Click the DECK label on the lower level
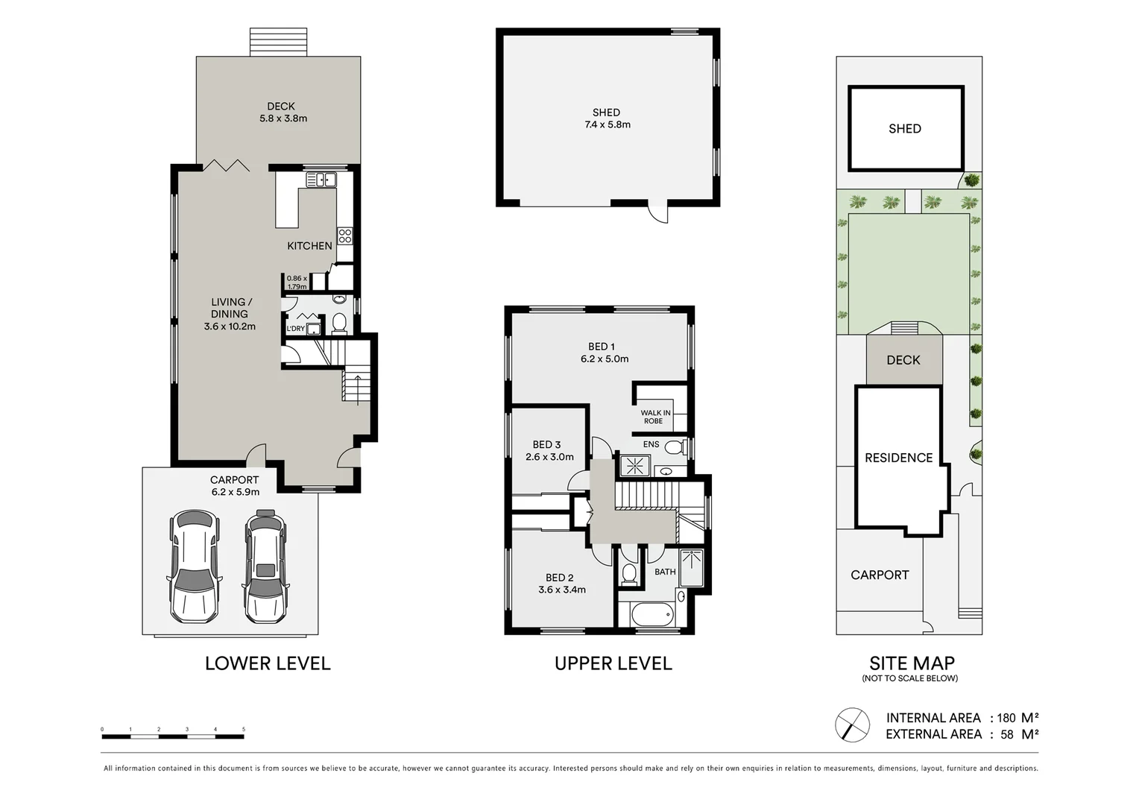[281, 107]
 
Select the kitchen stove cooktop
[344, 236]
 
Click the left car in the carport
[194, 566]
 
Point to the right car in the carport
[265, 566]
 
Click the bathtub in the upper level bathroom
[652, 616]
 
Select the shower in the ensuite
[635, 466]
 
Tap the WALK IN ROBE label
[654, 417]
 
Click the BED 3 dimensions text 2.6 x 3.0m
[549, 457]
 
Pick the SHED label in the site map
[904, 129]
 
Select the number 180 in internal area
[1006, 719]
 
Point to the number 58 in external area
[1006, 735]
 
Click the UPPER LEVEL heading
[613, 663]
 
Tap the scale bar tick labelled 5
[244, 730]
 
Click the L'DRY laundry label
[295, 329]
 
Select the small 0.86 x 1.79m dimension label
[297, 282]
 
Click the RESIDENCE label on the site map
[898, 458]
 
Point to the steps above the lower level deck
[278, 42]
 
